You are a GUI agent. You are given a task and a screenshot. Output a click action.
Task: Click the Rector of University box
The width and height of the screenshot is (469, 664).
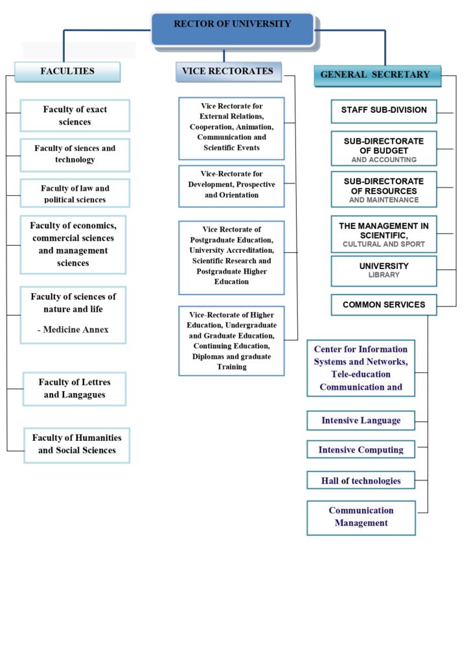click(x=233, y=29)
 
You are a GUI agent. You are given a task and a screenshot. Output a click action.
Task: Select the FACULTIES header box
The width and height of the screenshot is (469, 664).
click(x=67, y=71)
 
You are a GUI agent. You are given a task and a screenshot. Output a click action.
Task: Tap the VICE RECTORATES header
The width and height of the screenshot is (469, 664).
click(x=228, y=71)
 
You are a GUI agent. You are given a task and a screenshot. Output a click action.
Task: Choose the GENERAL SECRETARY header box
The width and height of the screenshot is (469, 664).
click(x=375, y=75)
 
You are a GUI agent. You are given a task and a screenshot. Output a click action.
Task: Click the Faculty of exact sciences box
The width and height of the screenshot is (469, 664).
click(x=75, y=115)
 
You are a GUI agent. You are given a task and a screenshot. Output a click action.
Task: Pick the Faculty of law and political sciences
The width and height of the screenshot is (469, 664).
click(x=75, y=193)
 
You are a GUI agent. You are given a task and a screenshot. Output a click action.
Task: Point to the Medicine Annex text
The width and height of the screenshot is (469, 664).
click(x=73, y=329)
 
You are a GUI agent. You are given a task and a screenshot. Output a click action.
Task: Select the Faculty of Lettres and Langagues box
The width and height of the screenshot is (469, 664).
click(x=74, y=388)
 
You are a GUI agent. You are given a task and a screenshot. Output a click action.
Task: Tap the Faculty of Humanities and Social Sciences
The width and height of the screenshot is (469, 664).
click(x=77, y=444)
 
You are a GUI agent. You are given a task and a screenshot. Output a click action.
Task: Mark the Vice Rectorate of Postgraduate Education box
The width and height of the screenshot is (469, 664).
click(x=231, y=257)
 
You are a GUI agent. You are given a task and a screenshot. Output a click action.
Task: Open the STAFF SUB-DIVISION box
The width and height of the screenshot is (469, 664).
click(x=383, y=110)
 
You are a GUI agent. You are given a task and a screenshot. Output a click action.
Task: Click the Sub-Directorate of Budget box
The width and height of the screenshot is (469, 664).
click(x=383, y=149)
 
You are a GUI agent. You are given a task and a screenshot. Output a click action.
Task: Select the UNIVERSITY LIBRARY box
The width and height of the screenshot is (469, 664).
click(x=383, y=270)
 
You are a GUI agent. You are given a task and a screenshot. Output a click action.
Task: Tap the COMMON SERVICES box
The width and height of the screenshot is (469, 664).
click(x=383, y=305)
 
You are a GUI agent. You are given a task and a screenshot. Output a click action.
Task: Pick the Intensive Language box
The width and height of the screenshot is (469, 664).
click(x=361, y=420)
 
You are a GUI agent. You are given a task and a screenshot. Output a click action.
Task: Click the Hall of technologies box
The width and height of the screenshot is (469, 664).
click(x=361, y=480)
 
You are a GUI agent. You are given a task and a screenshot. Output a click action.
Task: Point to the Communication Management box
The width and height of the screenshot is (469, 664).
click(x=361, y=517)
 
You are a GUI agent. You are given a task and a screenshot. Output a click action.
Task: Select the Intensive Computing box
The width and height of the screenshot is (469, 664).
click(x=361, y=449)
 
